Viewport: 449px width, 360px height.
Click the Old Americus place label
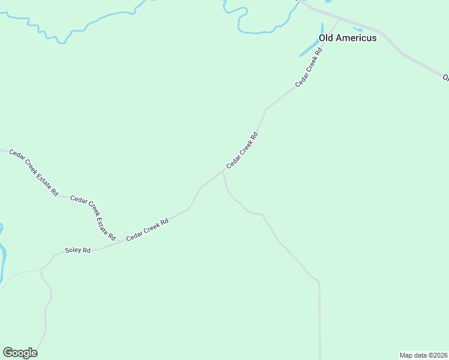(348, 38)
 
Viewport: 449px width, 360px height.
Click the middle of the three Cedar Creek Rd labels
(242, 151)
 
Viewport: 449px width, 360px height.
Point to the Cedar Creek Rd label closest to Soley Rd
(147, 230)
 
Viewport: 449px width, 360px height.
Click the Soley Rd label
(78, 250)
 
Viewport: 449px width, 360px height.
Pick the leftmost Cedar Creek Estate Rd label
(34, 173)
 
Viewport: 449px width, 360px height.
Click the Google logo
(20, 353)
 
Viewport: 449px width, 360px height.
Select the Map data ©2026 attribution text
(423, 355)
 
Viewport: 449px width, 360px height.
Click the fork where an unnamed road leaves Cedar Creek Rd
(223, 170)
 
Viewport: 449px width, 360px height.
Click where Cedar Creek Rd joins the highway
(339, 19)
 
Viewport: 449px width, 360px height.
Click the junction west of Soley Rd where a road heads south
(40, 270)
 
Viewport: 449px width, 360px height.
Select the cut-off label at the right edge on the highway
(445, 77)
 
